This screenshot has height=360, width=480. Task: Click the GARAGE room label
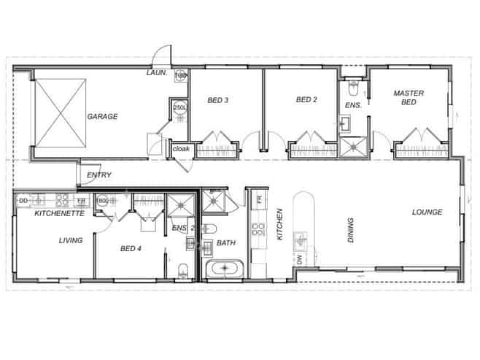pyautogui.click(x=103, y=116)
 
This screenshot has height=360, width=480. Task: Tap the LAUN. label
pyautogui.click(x=158, y=73)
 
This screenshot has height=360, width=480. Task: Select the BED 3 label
pyautogui.click(x=219, y=100)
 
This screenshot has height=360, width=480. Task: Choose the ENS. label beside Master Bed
pyautogui.click(x=353, y=105)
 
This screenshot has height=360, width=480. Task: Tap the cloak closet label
pyautogui.click(x=181, y=150)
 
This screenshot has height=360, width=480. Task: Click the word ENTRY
pyautogui.click(x=98, y=175)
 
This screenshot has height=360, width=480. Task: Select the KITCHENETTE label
pyautogui.click(x=60, y=214)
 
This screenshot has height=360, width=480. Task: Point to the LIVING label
pyautogui.click(x=71, y=240)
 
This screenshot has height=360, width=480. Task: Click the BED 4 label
pyautogui.click(x=131, y=249)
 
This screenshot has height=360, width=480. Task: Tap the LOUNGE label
pyautogui.click(x=427, y=212)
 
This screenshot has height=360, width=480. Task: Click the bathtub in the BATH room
pyautogui.click(x=225, y=269)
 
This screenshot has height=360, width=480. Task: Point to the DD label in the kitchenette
pyautogui.click(x=23, y=199)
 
